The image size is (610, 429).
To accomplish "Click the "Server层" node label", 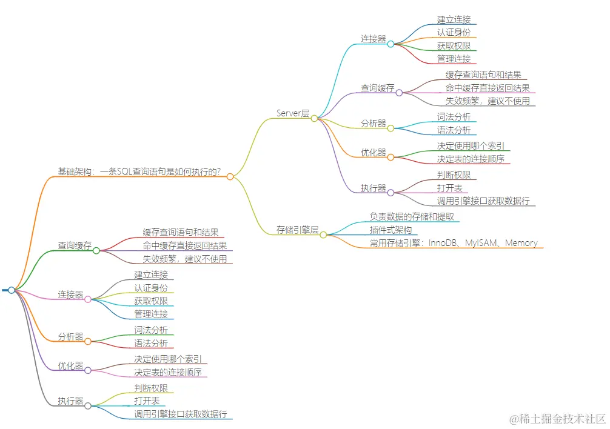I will [293, 113].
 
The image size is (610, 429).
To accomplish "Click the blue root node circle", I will [12, 290].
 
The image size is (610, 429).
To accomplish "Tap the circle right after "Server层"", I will [314, 118].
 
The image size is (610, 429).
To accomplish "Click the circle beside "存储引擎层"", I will [323, 234].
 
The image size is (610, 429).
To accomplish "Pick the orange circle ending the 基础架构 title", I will [230, 176].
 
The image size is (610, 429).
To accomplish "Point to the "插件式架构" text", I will [390, 230].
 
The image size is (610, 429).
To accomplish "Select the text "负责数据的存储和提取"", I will [412, 216].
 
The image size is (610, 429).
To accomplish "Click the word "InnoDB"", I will [444, 243].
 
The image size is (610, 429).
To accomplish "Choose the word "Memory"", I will [521, 243].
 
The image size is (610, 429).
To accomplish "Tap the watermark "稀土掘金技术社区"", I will [557, 418].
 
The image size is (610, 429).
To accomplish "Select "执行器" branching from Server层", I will [373, 188].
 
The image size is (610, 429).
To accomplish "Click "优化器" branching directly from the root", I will [70, 366].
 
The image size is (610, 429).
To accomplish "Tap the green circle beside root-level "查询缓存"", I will [96, 250].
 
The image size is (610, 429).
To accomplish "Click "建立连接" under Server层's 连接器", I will [454, 20].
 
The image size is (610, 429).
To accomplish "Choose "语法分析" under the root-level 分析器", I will [150, 344].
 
